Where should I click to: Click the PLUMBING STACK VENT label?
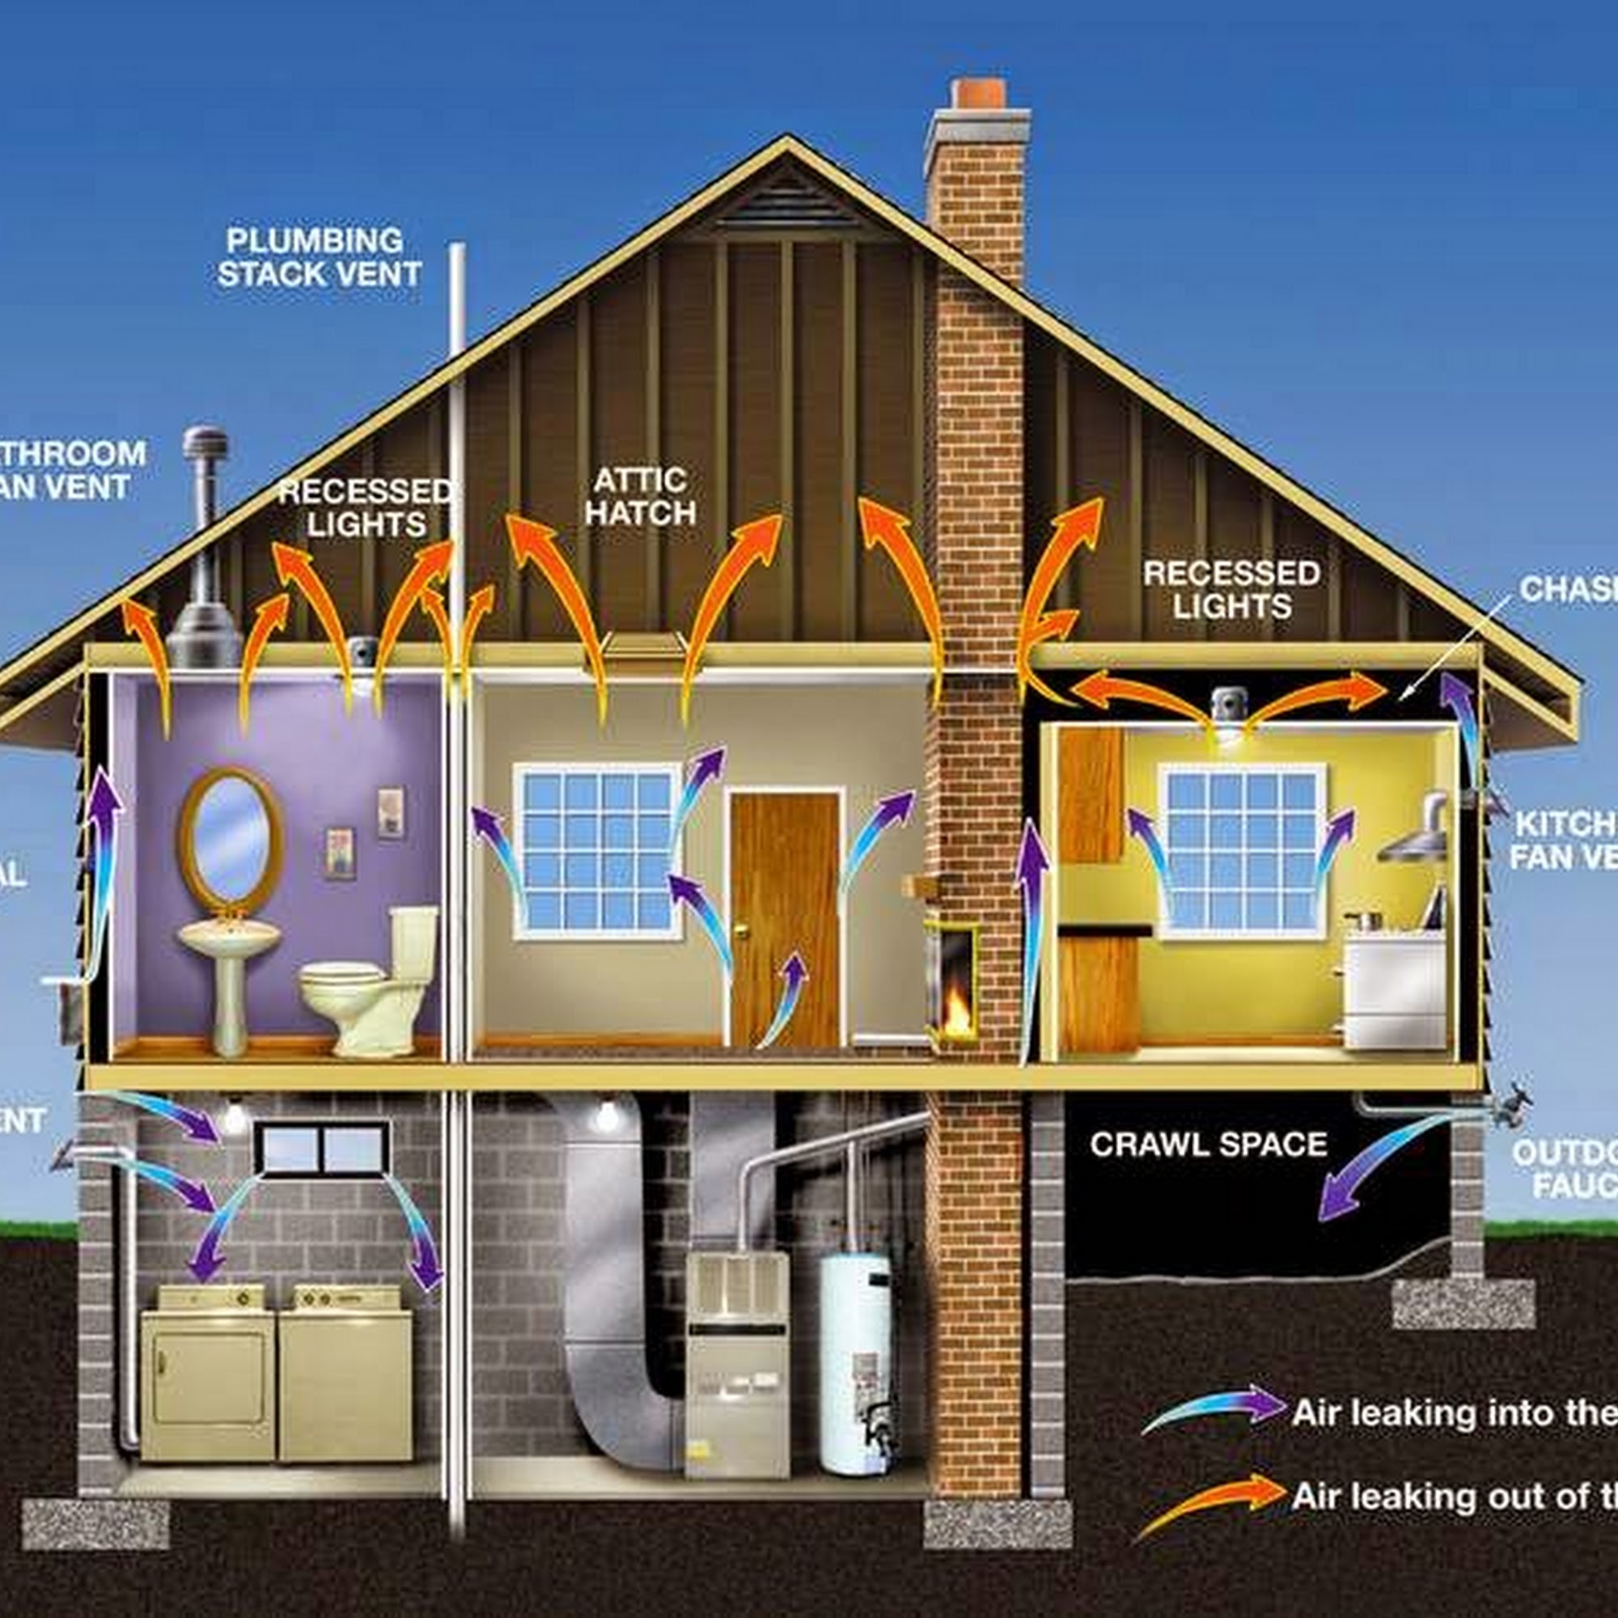point(319,258)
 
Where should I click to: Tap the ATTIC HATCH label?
point(641,497)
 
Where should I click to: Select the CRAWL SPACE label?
point(1208,1144)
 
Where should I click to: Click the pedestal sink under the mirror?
point(230,963)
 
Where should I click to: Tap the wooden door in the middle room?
point(784,917)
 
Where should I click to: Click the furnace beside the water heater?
point(737,1357)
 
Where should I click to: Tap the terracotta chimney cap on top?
point(978,93)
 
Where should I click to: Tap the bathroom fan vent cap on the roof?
point(205,444)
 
